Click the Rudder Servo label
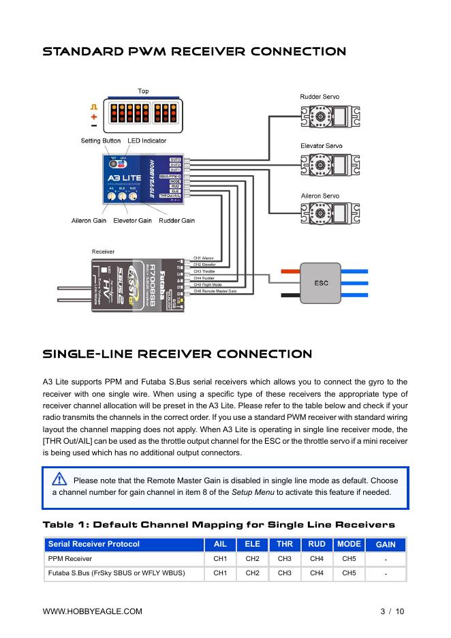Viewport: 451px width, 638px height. click(320, 97)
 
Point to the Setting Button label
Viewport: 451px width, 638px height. click(101, 141)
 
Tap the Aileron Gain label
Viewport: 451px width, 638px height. click(89, 221)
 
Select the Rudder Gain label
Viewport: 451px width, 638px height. click(176, 221)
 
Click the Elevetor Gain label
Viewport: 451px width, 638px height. click(132, 221)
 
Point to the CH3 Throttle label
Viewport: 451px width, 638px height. click(204, 271)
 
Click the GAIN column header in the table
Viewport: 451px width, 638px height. click(386, 545)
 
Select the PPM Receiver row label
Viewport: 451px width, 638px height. click(69, 559)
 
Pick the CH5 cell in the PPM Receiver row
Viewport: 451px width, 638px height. click(349, 559)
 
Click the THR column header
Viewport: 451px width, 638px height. click(285, 544)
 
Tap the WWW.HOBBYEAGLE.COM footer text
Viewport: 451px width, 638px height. click(93, 611)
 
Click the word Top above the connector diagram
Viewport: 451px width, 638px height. click(143, 91)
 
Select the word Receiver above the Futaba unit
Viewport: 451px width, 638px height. click(103, 252)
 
